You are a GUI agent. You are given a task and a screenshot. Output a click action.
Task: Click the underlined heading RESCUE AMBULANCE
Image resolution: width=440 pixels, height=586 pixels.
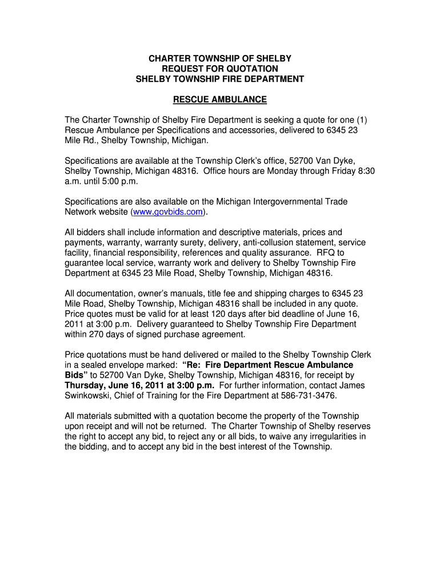point(220,100)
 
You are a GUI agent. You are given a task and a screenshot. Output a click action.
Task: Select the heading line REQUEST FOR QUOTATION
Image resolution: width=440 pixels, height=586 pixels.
point(220,69)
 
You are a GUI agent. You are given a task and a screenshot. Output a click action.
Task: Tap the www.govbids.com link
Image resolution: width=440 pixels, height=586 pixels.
point(167,212)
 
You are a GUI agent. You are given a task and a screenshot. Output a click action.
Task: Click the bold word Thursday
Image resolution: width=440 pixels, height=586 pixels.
point(86,385)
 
